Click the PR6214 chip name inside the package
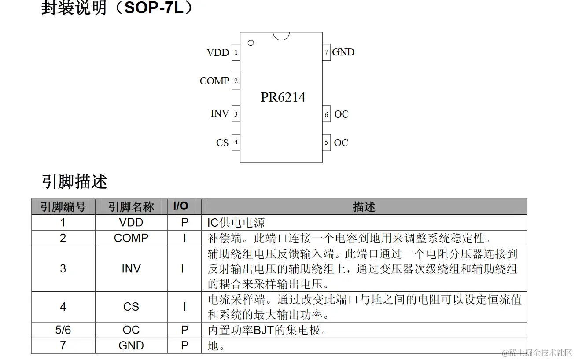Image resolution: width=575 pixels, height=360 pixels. pos(283,97)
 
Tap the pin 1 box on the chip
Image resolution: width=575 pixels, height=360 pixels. pos(236,53)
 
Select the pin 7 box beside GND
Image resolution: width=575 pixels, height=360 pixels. pos(326,52)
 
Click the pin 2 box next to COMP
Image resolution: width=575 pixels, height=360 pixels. pos(236,81)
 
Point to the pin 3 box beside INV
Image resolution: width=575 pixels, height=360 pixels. pos(236,114)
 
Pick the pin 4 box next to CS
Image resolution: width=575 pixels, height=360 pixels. pos(236,142)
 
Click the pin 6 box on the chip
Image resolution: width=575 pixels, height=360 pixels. pos(326,114)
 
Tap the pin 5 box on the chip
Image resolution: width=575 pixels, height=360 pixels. pos(326,142)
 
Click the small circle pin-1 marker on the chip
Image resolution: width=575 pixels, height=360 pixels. pos(251,43)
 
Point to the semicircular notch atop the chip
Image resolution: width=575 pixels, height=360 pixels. pos(281,35)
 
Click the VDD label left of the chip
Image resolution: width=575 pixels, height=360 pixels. pos(217,53)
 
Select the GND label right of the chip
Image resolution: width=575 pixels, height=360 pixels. pos(343,52)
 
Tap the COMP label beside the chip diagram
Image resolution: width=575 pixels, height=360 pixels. pos(214,81)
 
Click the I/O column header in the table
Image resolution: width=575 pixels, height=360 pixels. pos(181,206)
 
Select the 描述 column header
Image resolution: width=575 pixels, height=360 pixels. pos(364,207)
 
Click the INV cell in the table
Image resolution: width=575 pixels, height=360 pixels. pos(131,268)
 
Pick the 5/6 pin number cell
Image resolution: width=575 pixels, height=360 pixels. pos(63,330)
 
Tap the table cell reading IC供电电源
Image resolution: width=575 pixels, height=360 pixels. pos(236,223)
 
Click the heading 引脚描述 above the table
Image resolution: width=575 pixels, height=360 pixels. pos(74,181)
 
